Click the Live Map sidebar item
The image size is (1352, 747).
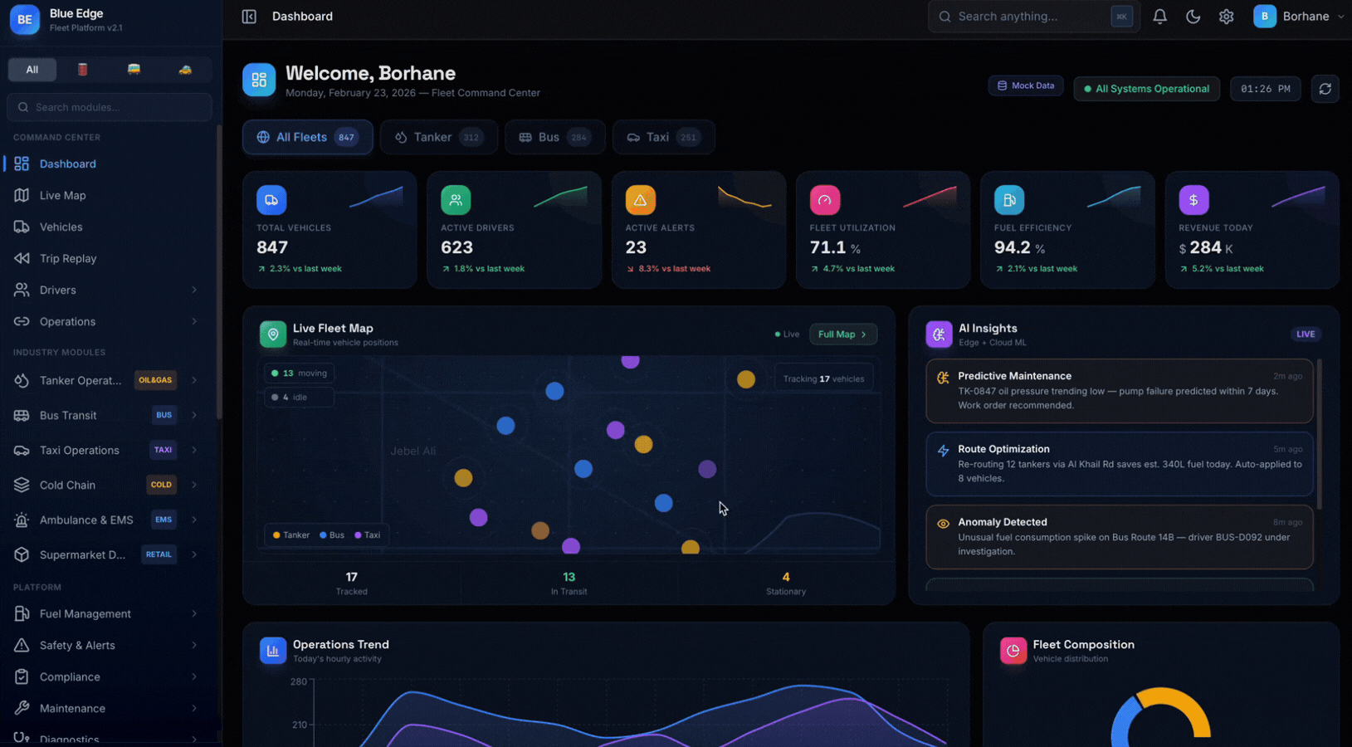(x=62, y=195)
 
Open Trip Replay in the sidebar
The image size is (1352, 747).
(x=67, y=258)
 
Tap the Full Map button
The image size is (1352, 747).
(x=842, y=334)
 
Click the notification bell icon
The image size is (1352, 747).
(x=1159, y=17)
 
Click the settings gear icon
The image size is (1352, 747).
(x=1226, y=17)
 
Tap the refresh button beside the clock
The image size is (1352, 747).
(x=1325, y=89)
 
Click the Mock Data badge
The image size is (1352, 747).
(x=1025, y=85)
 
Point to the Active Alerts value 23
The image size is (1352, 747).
(x=636, y=247)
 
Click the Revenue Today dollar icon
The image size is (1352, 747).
(x=1193, y=200)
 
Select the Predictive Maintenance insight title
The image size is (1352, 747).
(x=1014, y=376)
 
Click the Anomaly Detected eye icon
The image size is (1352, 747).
(x=943, y=524)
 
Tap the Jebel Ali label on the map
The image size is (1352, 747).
(x=412, y=451)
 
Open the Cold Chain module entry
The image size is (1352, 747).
(x=67, y=485)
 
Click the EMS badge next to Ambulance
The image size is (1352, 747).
(x=164, y=520)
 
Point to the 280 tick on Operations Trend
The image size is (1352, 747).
(x=299, y=681)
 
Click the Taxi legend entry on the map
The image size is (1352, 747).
(x=368, y=535)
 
